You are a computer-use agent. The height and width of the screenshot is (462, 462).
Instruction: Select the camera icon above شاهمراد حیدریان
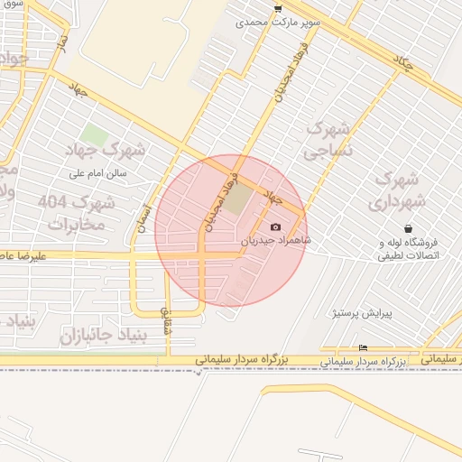(x=275, y=226)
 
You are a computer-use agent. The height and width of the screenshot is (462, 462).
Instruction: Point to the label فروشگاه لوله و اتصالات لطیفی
(x=404, y=250)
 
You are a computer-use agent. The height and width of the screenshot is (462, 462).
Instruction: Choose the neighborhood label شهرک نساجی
(x=327, y=141)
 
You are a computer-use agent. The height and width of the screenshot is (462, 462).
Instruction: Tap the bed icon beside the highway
(x=363, y=348)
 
